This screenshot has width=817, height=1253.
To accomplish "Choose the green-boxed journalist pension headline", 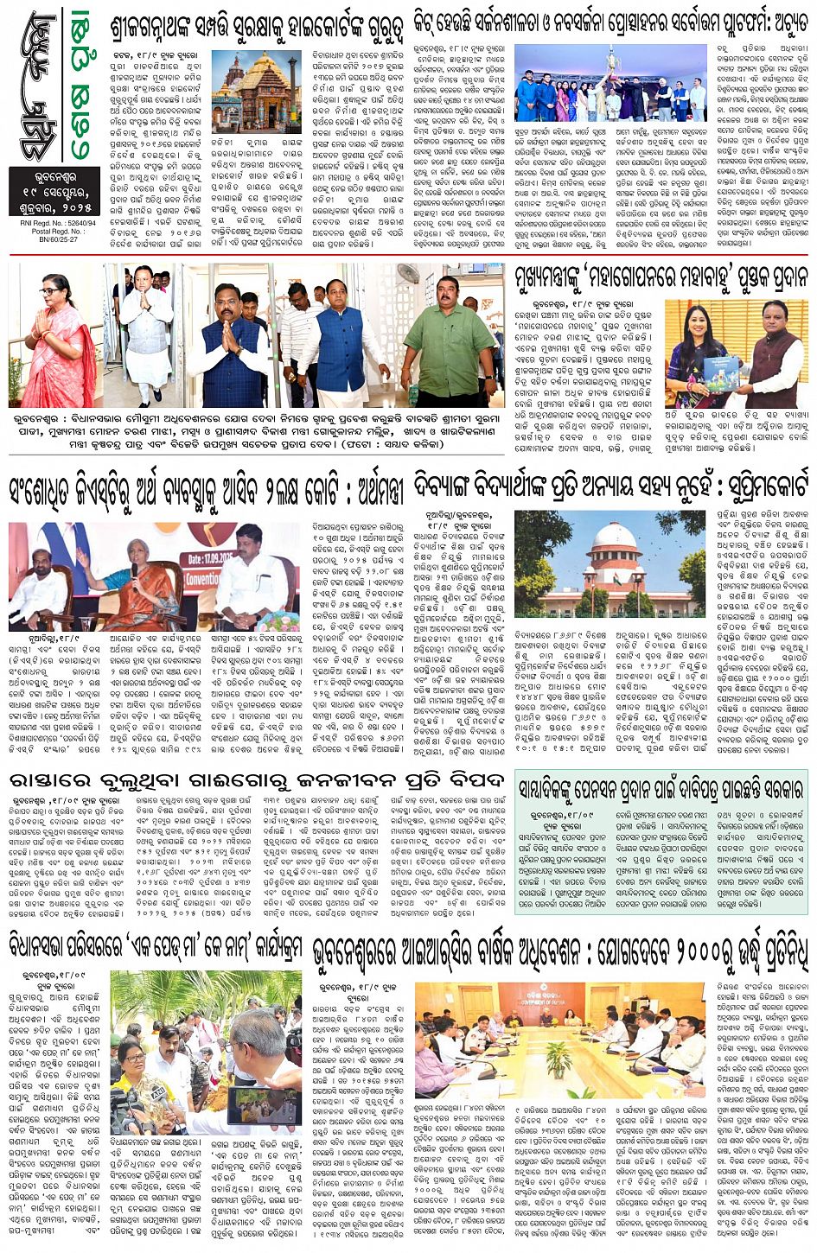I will click(661, 788).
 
